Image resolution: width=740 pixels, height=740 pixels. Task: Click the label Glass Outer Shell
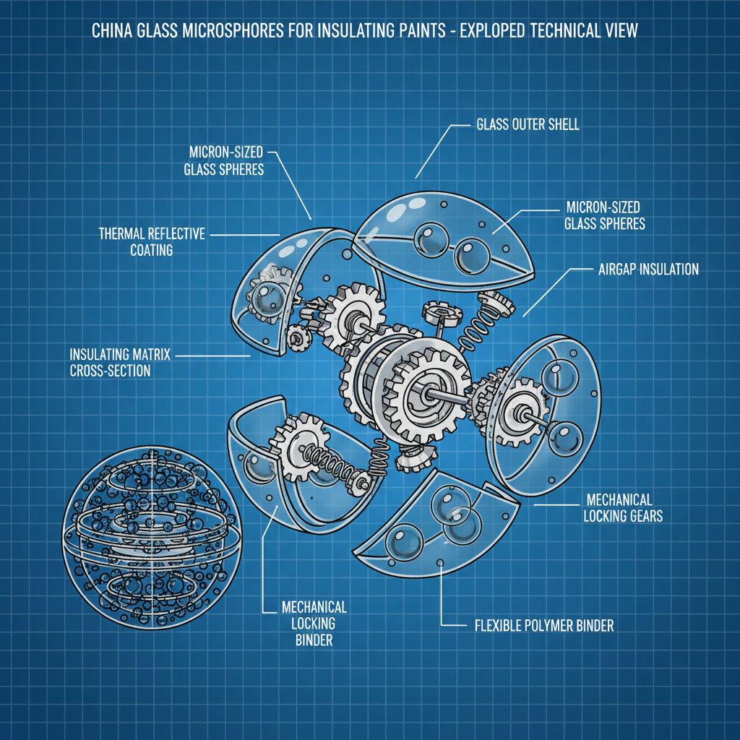point(528,124)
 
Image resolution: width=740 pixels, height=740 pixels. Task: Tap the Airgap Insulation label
point(648,269)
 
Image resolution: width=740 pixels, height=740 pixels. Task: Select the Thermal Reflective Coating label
point(152,241)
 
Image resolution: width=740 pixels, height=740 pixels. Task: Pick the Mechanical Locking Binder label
point(304,622)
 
